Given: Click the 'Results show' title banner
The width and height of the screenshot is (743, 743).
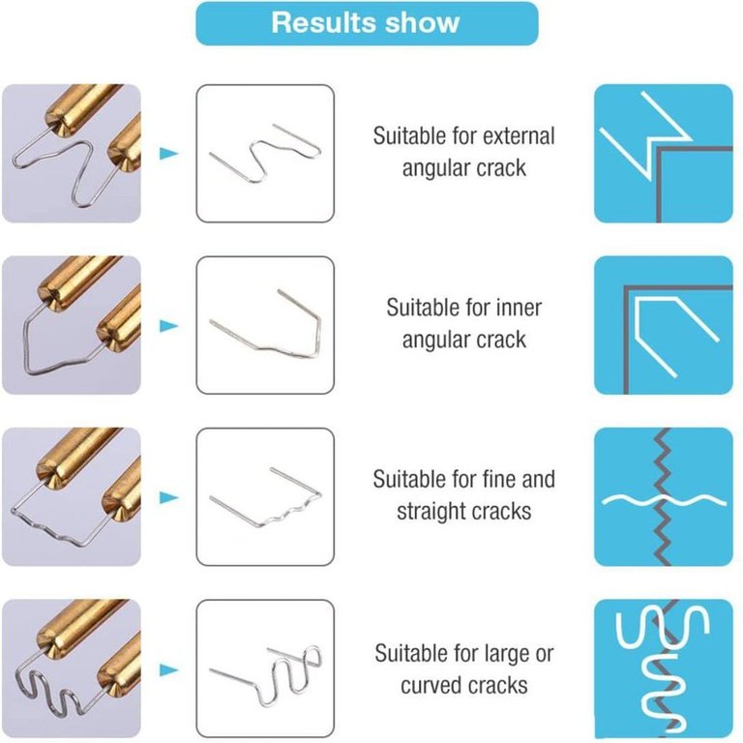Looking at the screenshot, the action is [x=367, y=23].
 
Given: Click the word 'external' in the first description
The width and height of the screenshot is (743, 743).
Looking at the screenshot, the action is [x=520, y=136].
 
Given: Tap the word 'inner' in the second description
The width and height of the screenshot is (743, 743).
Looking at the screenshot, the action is [x=520, y=308].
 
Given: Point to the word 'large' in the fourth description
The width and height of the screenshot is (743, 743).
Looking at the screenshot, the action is [x=500, y=654].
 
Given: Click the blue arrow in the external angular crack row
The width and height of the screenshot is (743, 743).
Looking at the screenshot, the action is [x=168, y=154].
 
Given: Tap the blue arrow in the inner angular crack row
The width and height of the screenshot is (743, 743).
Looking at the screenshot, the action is [x=168, y=326].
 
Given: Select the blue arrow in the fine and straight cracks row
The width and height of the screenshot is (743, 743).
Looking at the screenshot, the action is [x=168, y=497].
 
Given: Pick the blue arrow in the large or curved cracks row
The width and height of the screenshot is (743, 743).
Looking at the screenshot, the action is [x=168, y=670].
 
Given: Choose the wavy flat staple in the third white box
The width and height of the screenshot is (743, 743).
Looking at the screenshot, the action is [x=284, y=515].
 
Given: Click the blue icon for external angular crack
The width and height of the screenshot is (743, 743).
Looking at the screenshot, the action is [x=664, y=154].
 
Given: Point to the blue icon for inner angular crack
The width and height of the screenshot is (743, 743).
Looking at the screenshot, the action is [x=664, y=325].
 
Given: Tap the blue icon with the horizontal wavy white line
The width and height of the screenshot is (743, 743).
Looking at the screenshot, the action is [x=664, y=496].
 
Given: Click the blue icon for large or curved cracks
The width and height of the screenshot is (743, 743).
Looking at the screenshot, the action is [x=664, y=669].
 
